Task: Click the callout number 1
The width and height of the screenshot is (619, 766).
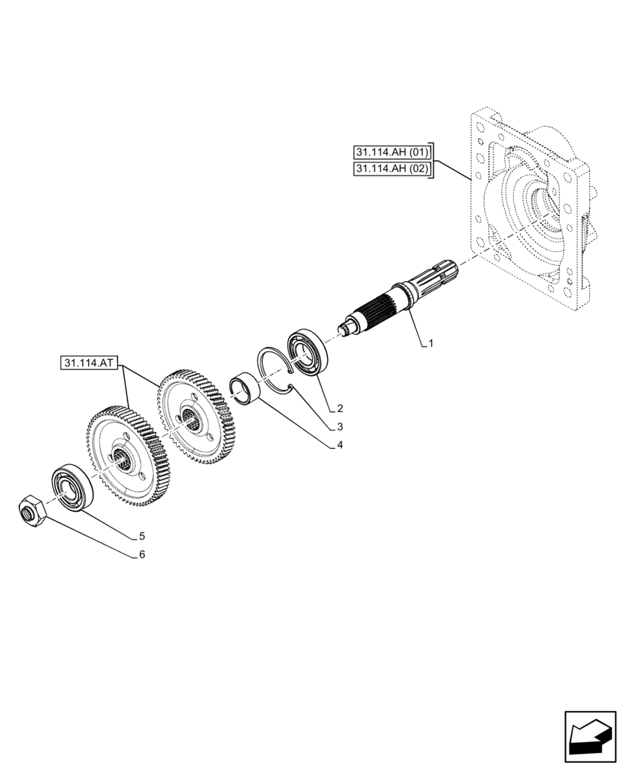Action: pos(431,345)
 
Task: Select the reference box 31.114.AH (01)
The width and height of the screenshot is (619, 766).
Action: pos(392,151)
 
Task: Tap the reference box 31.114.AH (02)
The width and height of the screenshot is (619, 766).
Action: pos(392,169)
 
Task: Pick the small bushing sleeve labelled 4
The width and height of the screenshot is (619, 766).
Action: pos(249,387)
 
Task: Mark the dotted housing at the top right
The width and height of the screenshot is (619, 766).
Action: pos(529,207)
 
